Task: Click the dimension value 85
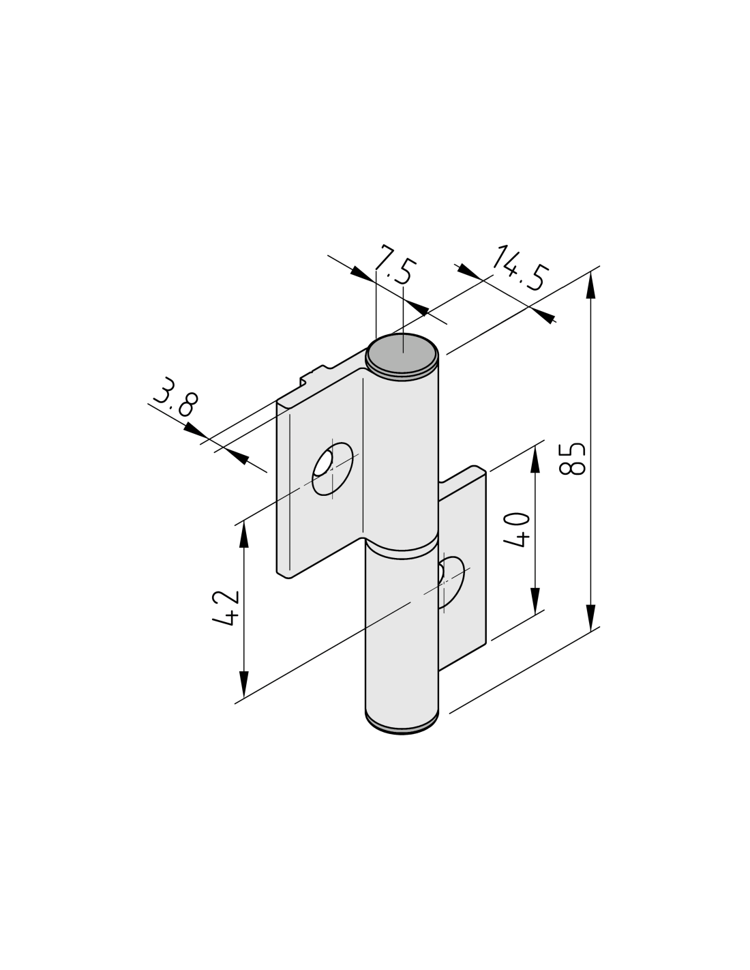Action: coord(571,459)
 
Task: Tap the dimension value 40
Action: coord(516,530)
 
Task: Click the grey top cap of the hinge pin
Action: coord(401,353)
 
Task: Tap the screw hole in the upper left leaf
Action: coord(333,469)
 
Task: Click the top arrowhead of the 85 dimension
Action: coord(590,286)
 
